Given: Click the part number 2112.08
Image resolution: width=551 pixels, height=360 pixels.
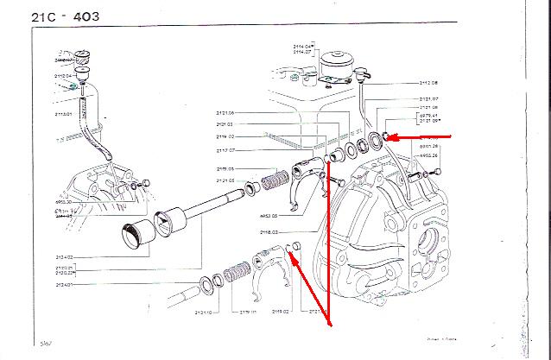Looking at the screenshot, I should [429, 83].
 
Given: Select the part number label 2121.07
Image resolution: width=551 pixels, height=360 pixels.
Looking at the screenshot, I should [429, 98].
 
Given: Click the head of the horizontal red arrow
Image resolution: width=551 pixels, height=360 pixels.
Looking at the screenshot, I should [386, 136].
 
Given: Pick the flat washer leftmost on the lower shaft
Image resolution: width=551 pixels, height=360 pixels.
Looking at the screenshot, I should [210, 285].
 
